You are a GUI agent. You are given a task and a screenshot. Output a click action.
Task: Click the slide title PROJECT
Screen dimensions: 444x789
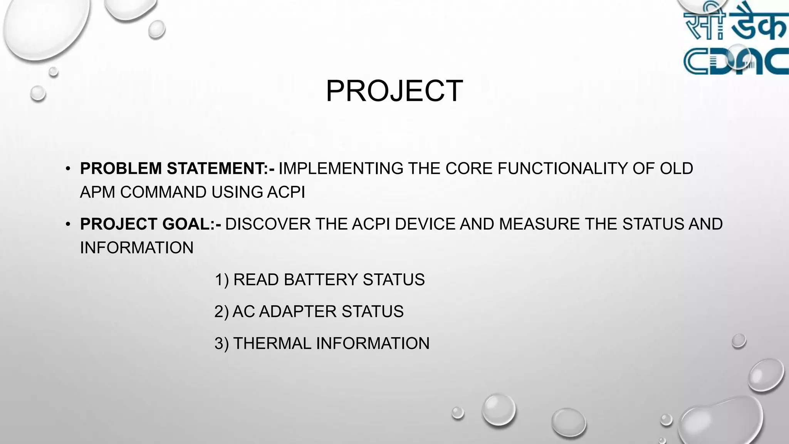(x=394, y=91)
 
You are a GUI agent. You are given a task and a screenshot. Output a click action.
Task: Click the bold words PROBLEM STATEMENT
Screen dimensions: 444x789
(x=177, y=168)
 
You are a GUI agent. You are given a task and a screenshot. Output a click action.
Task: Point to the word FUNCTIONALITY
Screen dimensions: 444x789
(x=563, y=168)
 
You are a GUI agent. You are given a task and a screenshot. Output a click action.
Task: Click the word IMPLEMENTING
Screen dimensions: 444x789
(x=341, y=168)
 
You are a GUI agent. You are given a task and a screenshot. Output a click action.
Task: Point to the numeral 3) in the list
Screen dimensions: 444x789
(x=222, y=343)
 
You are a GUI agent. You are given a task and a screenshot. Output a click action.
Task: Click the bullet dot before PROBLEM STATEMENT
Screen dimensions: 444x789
(x=68, y=168)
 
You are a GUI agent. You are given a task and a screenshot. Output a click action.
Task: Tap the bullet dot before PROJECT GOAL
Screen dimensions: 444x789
(x=68, y=224)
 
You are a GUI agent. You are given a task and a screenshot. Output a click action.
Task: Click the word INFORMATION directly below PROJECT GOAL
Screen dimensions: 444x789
(x=137, y=248)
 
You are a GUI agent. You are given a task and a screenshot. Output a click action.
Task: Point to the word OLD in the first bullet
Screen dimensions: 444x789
(x=677, y=168)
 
